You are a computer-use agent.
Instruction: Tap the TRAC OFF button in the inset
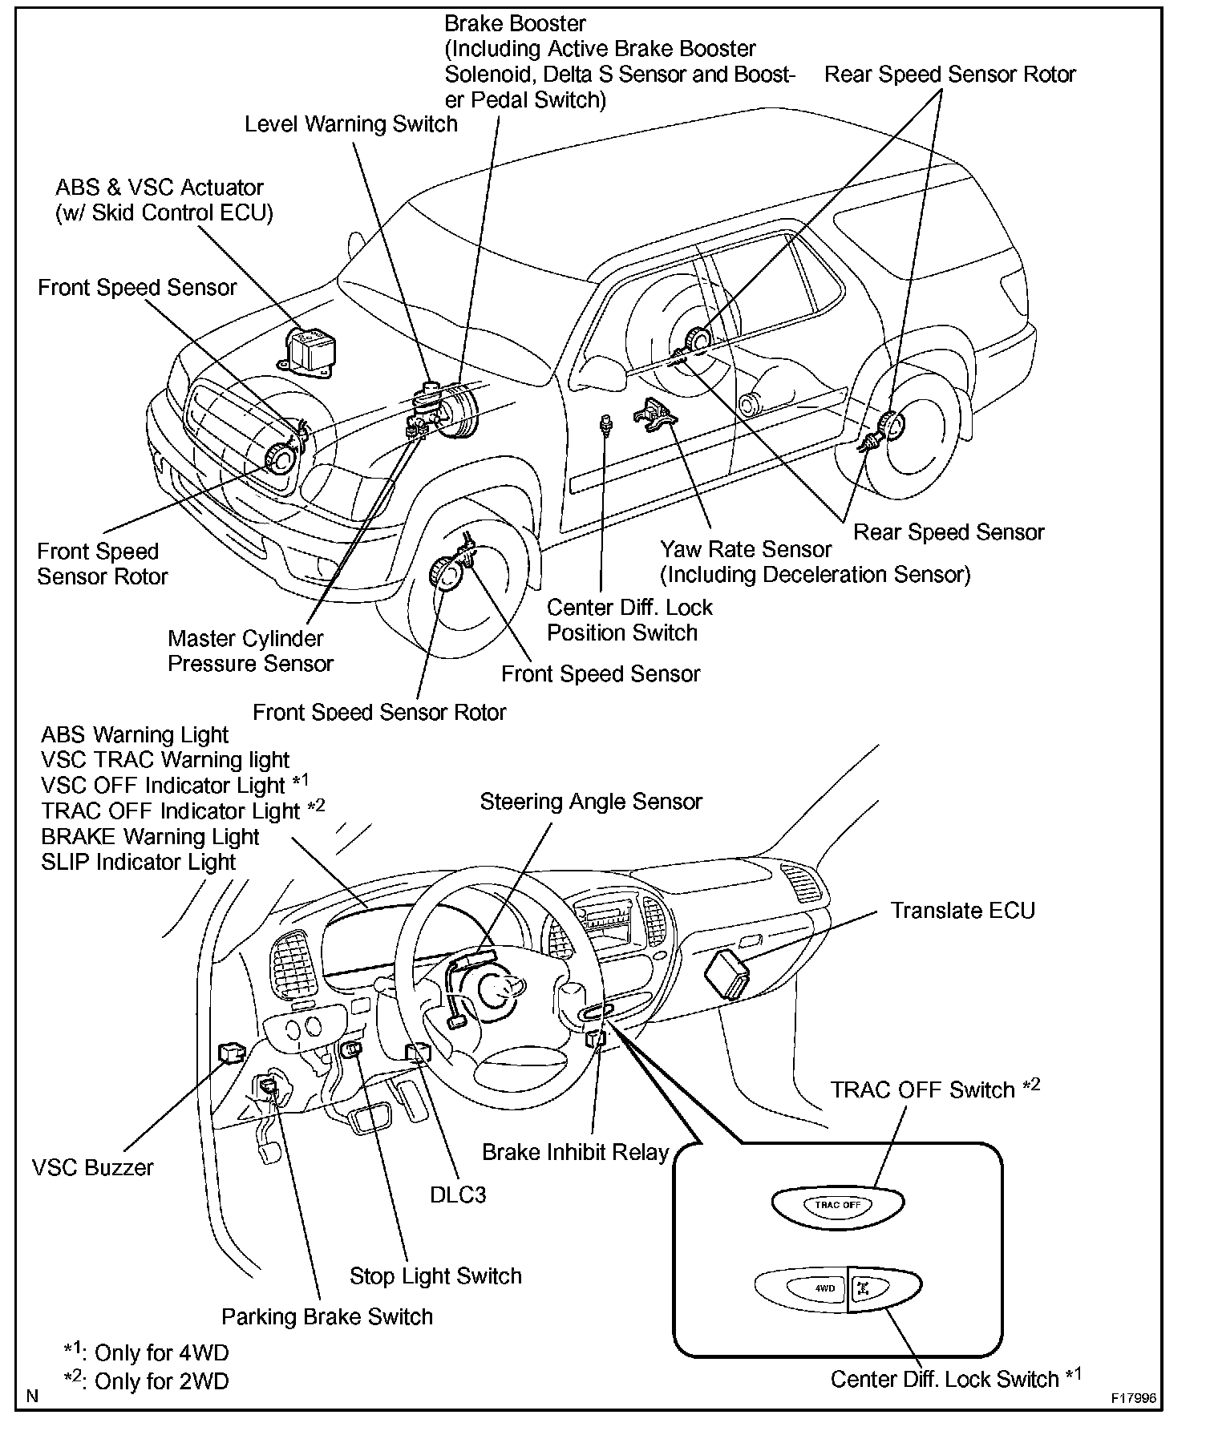[x=838, y=1205]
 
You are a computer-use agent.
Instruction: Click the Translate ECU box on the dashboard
[x=727, y=973]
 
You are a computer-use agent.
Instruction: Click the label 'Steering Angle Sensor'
[x=591, y=802]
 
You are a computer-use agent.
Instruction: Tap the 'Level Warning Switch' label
[x=351, y=124]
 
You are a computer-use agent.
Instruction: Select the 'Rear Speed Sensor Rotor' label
[x=950, y=75]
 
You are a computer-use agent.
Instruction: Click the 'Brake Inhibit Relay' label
[x=575, y=1152]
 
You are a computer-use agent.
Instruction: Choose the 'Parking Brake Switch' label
[x=327, y=1316]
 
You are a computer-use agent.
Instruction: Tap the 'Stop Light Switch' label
[x=435, y=1275]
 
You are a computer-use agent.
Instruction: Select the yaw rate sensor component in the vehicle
[x=653, y=413]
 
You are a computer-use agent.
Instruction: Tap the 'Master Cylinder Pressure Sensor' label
[x=250, y=651]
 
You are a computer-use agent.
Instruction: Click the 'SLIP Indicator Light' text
[x=139, y=862]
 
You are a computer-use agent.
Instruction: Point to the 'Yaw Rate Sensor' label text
[x=746, y=549]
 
